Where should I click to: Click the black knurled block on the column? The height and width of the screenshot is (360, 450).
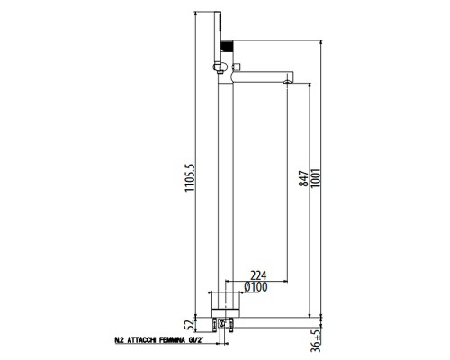coord(228,43)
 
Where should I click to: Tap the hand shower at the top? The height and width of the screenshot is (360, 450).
coord(227,27)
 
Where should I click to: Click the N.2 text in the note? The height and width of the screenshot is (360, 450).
coord(120,341)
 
